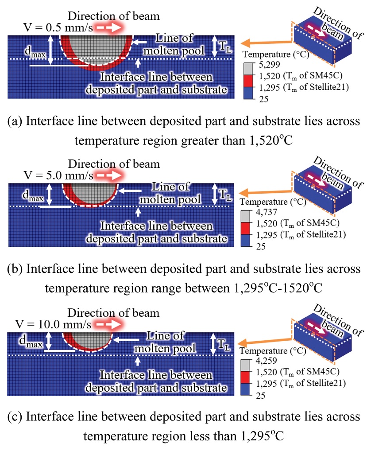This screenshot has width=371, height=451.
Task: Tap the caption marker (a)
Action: coord(16,121)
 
